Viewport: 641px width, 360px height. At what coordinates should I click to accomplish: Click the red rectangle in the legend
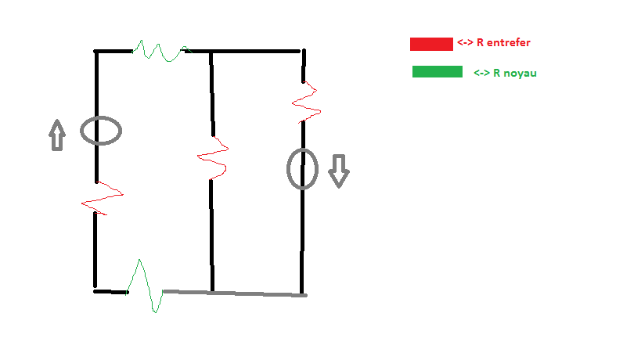(431, 44)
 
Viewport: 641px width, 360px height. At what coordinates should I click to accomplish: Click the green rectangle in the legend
(437, 72)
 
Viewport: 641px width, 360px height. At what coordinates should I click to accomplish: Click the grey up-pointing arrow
(56, 135)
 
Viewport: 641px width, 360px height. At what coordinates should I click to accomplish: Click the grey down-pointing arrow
(338, 171)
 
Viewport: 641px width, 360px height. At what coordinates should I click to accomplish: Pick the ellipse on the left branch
(101, 131)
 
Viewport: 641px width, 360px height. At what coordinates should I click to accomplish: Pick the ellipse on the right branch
(302, 169)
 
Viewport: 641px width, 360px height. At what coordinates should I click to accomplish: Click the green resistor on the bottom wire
(146, 286)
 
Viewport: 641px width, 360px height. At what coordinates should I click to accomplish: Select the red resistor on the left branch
(101, 196)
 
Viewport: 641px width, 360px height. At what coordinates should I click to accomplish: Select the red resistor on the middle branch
(212, 157)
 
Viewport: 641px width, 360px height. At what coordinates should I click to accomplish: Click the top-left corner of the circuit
(96, 52)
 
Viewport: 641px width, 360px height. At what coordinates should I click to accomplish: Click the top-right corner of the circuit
(303, 52)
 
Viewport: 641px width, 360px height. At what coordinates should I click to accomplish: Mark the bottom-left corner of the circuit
(95, 291)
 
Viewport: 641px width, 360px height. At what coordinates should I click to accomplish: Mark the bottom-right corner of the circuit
(303, 295)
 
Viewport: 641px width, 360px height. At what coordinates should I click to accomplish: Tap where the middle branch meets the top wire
(211, 52)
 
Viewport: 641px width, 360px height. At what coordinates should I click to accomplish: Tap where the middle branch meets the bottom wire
(212, 293)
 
